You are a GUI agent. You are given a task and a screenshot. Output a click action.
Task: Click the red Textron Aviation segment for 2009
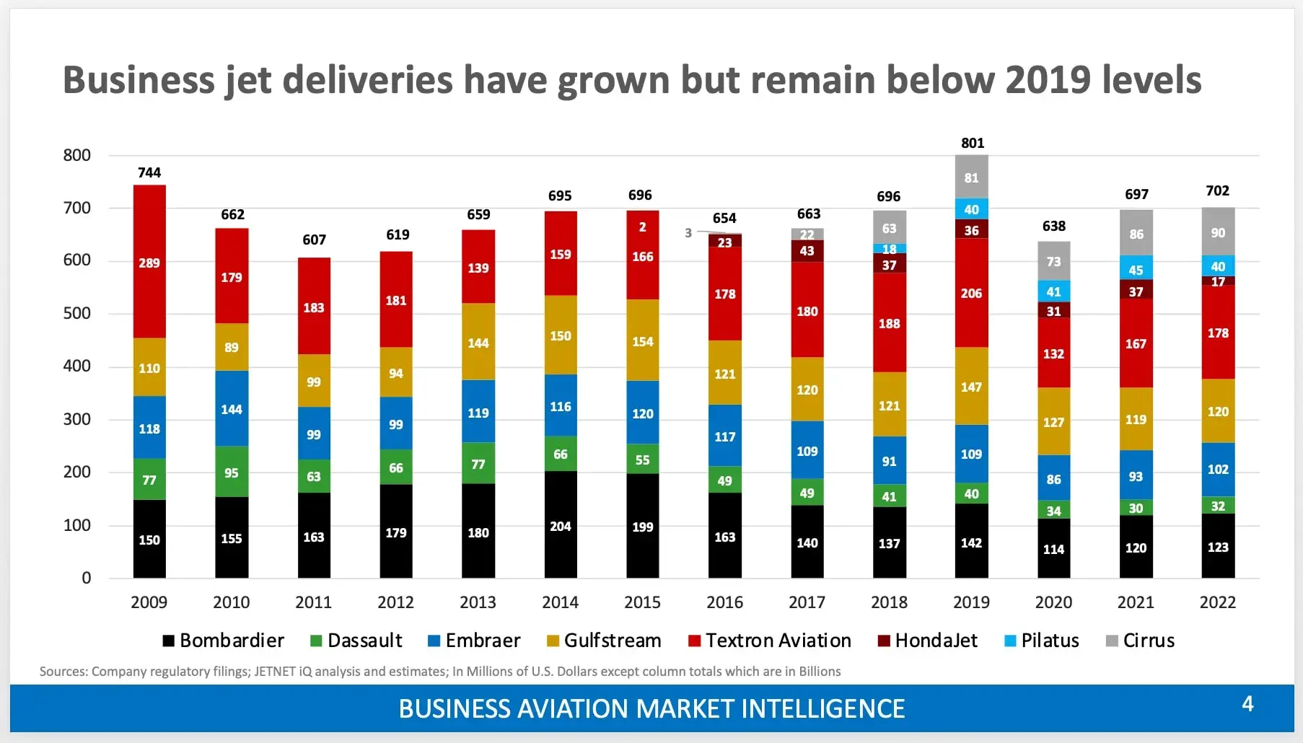pos(149,262)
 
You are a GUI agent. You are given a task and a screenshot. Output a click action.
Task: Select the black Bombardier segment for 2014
pos(561,525)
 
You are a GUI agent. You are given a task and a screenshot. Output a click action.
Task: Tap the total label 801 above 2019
pos(972,143)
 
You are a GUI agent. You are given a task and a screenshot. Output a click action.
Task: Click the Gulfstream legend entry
pos(604,641)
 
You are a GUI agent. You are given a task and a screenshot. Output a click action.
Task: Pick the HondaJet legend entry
pos(928,641)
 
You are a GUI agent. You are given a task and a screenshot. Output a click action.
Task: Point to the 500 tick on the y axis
pos(76,313)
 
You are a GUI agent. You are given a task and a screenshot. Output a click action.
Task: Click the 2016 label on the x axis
pos(724,602)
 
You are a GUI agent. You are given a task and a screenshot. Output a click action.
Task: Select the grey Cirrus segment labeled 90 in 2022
pos(1218,232)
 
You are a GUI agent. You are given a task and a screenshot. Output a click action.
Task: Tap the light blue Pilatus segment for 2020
pos(1053,291)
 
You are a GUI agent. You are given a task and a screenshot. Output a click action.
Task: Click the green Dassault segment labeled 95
pos(232,472)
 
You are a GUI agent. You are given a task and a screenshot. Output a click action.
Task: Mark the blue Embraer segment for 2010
pos(232,409)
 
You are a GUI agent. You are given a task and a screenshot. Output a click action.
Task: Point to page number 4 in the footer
pos(1247,704)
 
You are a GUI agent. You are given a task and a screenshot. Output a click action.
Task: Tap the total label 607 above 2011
pos(314,239)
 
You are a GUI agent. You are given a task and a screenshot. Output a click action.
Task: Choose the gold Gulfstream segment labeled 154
pos(642,341)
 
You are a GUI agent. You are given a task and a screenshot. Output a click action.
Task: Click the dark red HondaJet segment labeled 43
pos(807,250)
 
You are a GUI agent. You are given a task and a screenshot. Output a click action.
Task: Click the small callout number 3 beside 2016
pos(688,232)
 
